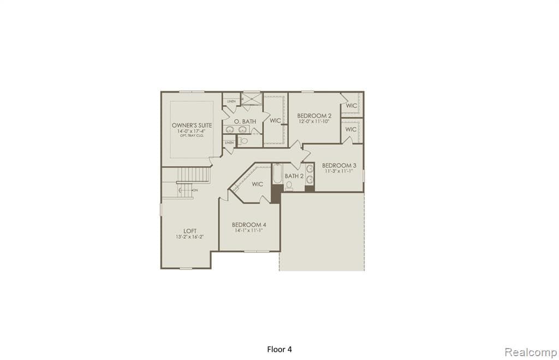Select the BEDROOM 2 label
click(314, 116)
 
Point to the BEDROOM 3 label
click(339, 165)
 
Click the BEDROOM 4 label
click(249, 225)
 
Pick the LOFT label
click(190, 231)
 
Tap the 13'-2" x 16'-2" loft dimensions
click(190, 237)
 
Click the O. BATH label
click(245, 121)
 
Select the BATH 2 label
click(294, 176)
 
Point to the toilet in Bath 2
click(289, 186)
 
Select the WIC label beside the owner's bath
click(275, 121)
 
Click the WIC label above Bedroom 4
click(257, 184)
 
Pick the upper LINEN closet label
click(231, 101)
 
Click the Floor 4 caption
click(279, 349)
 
